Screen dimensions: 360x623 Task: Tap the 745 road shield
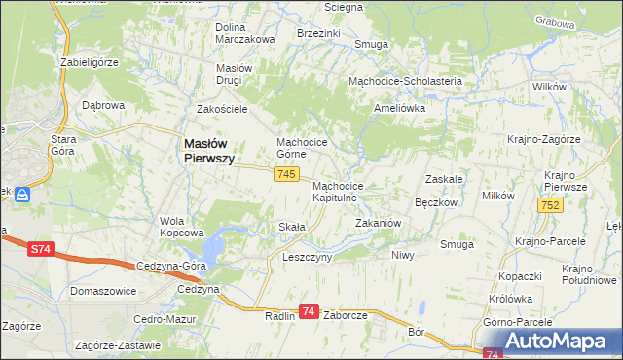click(285, 173)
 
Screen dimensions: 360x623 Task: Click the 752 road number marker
click(549, 204)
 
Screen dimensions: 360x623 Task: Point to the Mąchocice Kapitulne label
click(338, 191)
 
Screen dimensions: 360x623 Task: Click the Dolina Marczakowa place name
click(244, 33)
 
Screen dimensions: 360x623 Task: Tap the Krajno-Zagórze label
click(544, 140)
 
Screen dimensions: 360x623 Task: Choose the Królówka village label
click(513, 300)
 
